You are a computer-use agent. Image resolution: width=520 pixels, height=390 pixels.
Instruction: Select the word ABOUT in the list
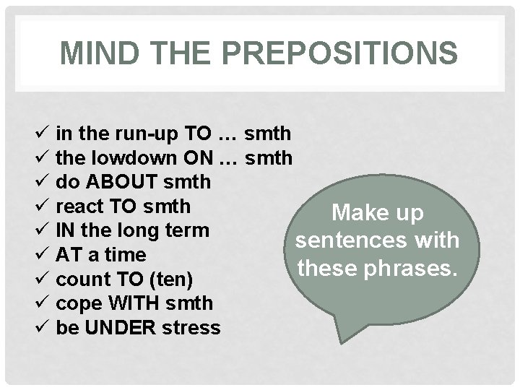(120, 182)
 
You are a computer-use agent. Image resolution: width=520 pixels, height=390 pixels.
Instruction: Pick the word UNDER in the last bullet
(114, 328)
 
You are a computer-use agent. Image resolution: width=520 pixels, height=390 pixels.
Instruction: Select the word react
(77, 207)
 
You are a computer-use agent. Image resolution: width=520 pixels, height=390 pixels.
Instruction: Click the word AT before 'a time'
(67, 255)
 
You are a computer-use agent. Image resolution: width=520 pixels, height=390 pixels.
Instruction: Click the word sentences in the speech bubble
(346, 240)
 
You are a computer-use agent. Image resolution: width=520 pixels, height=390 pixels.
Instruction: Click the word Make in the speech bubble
(353, 214)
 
